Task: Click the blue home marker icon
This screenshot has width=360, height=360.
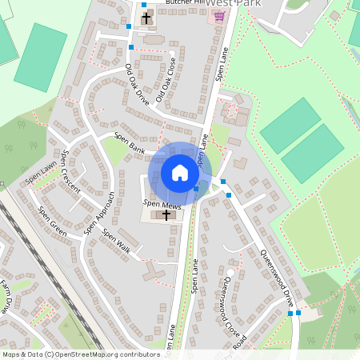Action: [x=180, y=173]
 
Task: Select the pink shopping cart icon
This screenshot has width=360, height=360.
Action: [x=218, y=15]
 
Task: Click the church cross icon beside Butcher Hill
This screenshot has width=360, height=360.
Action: [x=146, y=18]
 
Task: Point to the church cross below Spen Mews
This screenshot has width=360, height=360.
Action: [x=166, y=214]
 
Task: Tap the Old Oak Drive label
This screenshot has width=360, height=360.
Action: [x=137, y=87]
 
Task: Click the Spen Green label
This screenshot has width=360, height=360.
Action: [x=53, y=223]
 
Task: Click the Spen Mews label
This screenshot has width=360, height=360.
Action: [x=158, y=205]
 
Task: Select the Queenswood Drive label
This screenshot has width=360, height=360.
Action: [x=278, y=277]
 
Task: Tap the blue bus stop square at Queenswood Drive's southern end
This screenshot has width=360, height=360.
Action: [x=298, y=313]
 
